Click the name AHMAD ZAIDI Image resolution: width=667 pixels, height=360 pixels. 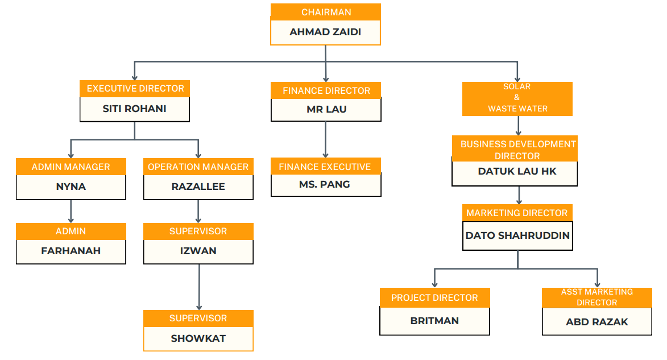(x=325, y=32)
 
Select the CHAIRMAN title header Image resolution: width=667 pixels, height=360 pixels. (x=326, y=12)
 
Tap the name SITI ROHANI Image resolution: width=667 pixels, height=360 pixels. (x=134, y=109)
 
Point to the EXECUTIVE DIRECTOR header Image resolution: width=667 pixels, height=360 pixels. (x=135, y=89)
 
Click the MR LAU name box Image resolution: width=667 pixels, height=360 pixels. (x=326, y=109)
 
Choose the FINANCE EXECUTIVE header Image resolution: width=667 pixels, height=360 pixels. (x=325, y=167)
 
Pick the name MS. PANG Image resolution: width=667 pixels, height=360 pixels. (x=325, y=184)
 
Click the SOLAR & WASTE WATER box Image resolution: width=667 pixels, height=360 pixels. (x=517, y=98)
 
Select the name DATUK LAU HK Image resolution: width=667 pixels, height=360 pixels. (x=514, y=172)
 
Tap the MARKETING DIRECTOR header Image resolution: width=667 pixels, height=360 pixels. (x=517, y=213)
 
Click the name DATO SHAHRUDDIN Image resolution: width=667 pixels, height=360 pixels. (x=517, y=235)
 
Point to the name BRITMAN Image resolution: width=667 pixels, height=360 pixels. (x=434, y=321)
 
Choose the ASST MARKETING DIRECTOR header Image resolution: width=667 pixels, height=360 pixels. (x=596, y=297)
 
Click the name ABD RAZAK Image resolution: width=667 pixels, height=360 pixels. (x=596, y=322)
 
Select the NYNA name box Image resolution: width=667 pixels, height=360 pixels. (x=71, y=187)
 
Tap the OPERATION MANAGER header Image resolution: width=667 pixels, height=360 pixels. (x=198, y=167)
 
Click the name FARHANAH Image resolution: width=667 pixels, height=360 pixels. (x=71, y=251)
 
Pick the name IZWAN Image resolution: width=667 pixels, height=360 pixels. (x=198, y=251)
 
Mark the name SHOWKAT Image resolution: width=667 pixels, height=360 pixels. (x=198, y=338)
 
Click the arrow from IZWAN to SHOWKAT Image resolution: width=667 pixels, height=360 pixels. (x=199, y=287)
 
